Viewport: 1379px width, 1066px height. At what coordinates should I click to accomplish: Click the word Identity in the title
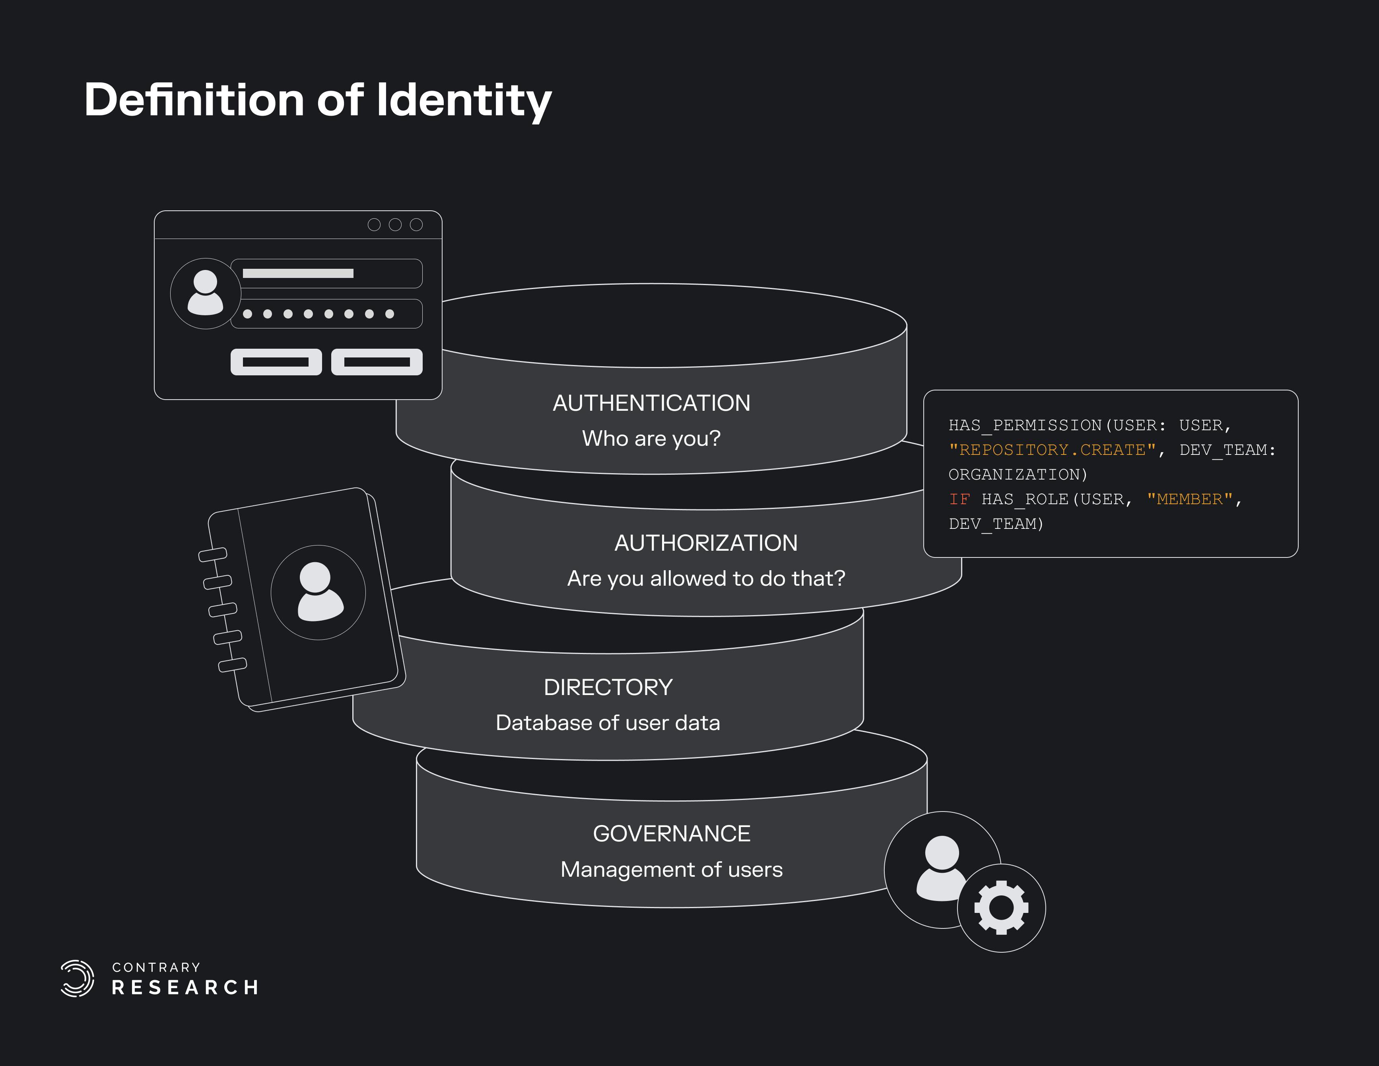point(464,101)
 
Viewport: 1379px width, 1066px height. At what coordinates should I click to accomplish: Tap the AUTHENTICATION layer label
point(651,403)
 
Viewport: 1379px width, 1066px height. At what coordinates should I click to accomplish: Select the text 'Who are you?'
point(651,438)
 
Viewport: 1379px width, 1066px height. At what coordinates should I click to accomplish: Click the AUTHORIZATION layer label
point(705,543)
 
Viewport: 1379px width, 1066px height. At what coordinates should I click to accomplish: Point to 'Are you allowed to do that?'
point(705,579)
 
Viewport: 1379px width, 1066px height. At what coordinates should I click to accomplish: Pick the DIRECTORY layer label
point(608,687)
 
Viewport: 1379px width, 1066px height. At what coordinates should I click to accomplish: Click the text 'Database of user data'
point(608,722)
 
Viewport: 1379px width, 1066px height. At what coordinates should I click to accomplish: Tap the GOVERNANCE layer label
point(671,834)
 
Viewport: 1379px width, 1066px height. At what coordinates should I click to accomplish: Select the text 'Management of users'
point(671,870)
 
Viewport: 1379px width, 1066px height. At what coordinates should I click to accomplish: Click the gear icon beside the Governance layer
point(1001,907)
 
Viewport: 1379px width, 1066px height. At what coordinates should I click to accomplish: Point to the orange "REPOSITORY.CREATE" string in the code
point(1053,450)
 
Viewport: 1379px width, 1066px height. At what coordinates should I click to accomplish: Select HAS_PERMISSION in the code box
point(1025,425)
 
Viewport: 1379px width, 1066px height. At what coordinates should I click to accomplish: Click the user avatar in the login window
point(205,293)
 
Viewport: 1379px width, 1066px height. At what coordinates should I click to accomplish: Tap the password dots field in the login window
point(326,314)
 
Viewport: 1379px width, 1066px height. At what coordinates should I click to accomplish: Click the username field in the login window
point(326,274)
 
